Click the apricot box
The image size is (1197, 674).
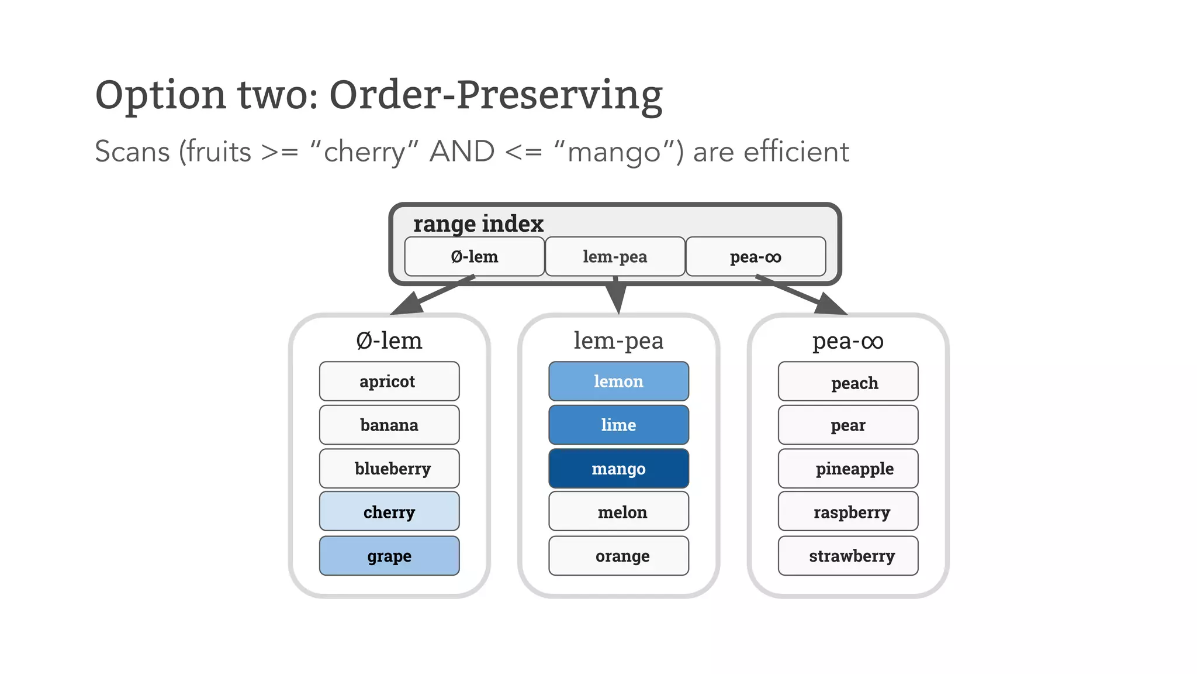point(389,381)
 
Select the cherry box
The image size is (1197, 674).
point(389,512)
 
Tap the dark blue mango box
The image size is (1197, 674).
point(618,469)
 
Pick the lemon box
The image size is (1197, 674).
point(618,381)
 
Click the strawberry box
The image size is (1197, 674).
point(848,556)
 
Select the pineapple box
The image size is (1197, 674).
point(848,469)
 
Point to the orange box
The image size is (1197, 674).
point(618,556)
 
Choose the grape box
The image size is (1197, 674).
point(389,556)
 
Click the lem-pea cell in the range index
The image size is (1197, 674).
point(615,256)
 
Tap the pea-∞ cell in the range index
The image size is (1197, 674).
point(755,256)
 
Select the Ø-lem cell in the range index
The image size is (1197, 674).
point(474,256)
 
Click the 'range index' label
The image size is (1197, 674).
point(478,223)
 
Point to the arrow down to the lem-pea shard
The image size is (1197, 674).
point(617,297)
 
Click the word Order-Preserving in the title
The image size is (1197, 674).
point(496,95)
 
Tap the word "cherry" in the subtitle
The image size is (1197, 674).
point(365,152)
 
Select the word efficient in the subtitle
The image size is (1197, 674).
point(796,152)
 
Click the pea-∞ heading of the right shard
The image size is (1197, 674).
point(848,341)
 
